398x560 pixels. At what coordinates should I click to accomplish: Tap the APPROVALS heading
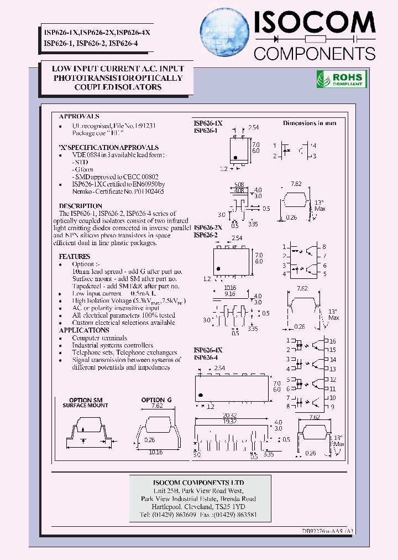click(x=79, y=117)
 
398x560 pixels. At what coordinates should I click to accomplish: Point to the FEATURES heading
click(x=75, y=257)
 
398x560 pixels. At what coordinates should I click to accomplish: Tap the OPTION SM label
click(x=86, y=400)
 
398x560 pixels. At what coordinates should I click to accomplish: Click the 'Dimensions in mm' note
click(x=310, y=123)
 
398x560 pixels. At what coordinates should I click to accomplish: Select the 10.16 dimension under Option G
click(x=156, y=451)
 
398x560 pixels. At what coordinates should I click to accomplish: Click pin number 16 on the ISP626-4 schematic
click(x=332, y=341)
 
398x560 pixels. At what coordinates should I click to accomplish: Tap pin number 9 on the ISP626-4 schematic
click(x=332, y=406)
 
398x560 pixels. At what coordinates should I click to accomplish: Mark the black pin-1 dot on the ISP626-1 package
click(x=235, y=158)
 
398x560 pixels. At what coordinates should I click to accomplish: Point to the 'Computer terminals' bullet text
click(x=99, y=338)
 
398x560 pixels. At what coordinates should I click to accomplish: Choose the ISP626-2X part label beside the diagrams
click(x=208, y=227)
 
